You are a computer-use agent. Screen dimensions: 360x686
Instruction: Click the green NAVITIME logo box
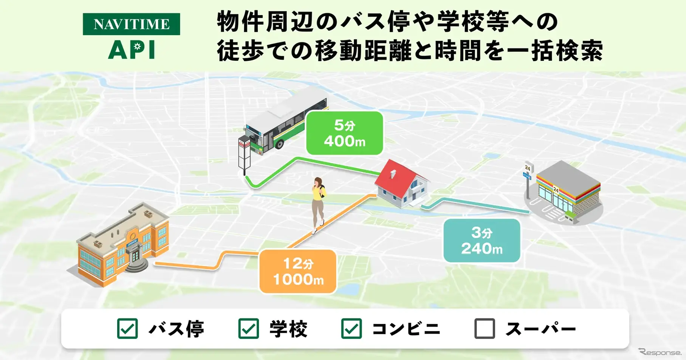point(131,24)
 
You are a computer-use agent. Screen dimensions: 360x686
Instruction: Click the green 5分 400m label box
point(344,133)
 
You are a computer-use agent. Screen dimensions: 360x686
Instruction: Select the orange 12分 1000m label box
point(298,271)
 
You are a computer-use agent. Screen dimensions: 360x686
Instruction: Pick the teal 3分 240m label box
point(482,240)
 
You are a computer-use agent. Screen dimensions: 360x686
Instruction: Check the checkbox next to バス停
point(127,329)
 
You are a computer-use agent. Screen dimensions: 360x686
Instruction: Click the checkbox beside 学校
point(249,329)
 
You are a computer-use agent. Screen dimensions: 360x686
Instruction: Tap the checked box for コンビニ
point(352,329)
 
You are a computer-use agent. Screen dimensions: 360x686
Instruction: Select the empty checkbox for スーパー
point(485,329)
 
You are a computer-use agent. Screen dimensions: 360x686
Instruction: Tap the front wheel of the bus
point(279,144)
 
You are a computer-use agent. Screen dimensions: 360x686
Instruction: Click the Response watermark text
point(660,352)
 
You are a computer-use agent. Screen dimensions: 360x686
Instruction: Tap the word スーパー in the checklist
point(540,329)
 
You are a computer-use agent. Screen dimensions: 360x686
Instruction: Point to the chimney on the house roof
point(393,174)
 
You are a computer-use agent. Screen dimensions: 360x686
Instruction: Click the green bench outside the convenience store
point(571,216)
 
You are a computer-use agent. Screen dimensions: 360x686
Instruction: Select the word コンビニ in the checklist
point(406,329)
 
